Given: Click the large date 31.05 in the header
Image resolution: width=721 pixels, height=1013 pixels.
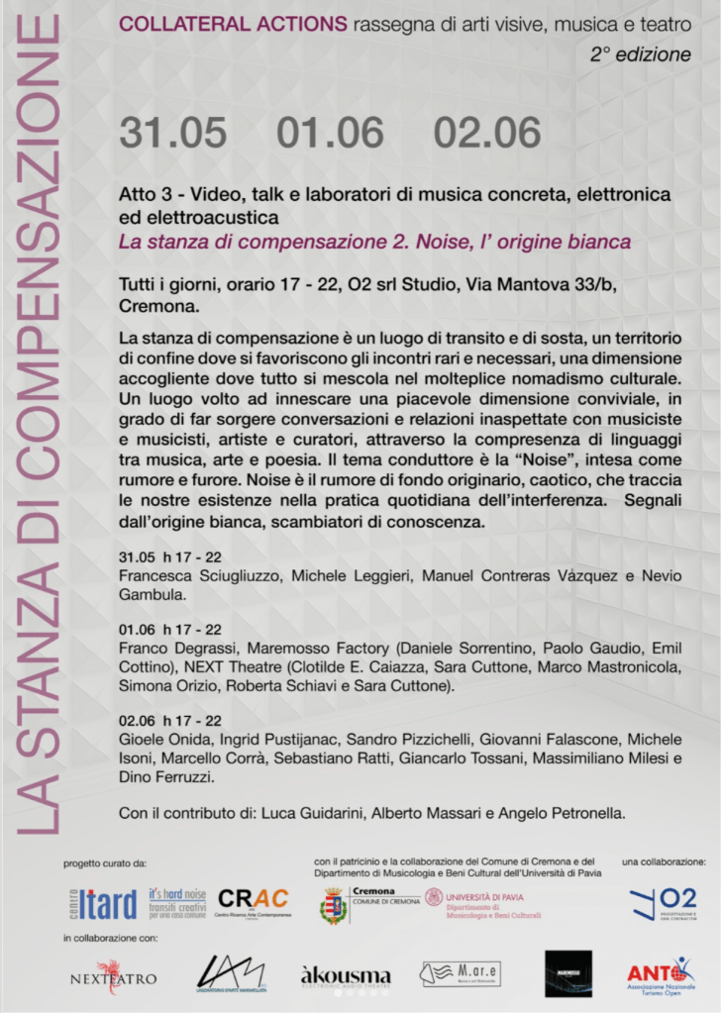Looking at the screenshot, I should pos(173,132).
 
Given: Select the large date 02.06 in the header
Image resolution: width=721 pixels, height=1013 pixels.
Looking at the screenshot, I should pos(487,132).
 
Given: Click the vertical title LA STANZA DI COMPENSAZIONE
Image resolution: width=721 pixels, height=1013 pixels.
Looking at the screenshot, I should pos(38,426).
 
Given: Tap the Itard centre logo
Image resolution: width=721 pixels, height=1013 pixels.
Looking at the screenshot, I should pos(103,903).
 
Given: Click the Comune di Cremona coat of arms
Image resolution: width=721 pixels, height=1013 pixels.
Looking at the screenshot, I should pos(334,904).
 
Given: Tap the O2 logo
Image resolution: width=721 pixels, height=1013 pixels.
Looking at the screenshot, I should pos(664,902).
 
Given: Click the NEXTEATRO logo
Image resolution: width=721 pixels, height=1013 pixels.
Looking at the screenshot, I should pos(113,976).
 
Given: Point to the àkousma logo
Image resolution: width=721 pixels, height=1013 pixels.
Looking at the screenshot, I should pos(346,976).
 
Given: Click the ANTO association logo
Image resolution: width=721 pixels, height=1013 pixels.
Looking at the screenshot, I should pos(663,973).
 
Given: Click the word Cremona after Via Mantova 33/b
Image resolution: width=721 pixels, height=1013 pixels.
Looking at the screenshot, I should pos(154,307).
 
